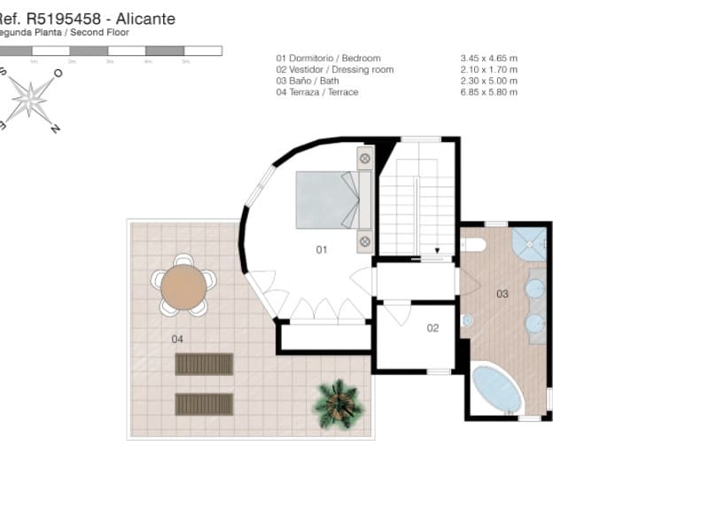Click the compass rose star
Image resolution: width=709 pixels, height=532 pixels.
tap(30, 98)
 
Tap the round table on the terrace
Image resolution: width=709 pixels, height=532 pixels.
tap(183, 286)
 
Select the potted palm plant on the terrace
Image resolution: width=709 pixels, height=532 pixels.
tap(338, 403)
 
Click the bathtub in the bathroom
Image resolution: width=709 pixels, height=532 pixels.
tap(497, 389)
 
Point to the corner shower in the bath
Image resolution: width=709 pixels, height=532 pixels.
tap(531, 241)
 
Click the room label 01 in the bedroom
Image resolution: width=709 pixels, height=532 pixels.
tap(322, 250)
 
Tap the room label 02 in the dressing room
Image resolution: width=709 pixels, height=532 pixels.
tap(432, 328)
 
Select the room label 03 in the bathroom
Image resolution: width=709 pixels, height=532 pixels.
tap(502, 293)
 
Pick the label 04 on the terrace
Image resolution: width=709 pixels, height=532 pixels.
tap(177, 339)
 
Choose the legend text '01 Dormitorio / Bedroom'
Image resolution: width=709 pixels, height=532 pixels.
tap(328, 59)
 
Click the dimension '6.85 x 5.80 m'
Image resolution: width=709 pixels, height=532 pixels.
tap(483, 92)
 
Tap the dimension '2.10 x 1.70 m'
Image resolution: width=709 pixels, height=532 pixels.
tap(483, 70)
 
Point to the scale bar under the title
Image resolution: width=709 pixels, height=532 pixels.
tap(111, 51)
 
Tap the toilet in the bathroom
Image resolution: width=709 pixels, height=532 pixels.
tap(471, 245)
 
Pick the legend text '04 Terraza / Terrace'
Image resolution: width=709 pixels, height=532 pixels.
tap(317, 92)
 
